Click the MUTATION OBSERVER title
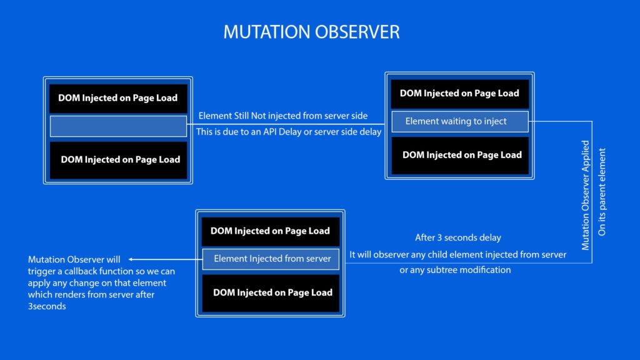click(311, 32)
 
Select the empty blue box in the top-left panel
click(118, 126)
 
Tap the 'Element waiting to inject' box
click(460, 121)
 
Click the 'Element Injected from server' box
click(271, 259)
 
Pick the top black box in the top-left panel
click(118, 98)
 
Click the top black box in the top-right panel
click(460, 94)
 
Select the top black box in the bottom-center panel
click(270, 231)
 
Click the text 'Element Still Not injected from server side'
click(282, 116)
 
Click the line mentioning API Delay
click(289, 132)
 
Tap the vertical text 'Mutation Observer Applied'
click(586, 195)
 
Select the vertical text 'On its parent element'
click(602, 192)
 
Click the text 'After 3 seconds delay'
click(457, 238)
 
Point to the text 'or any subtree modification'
click(455, 270)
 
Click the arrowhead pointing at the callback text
click(132, 259)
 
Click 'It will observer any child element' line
click(457, 254)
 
